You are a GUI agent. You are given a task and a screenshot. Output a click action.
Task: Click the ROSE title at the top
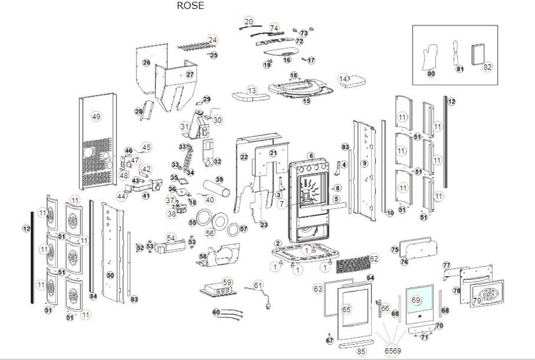[190, 5]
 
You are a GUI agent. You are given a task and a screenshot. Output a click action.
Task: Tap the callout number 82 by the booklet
[487, 67]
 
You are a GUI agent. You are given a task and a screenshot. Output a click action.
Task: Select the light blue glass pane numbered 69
[420, 299]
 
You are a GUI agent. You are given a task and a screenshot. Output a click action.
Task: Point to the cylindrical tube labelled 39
[216, 188]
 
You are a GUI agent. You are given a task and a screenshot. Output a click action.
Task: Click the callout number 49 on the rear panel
[96, 117]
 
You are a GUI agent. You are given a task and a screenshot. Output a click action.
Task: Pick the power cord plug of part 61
[268, 305]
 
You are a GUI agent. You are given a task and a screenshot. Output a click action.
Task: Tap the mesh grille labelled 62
[354, 264]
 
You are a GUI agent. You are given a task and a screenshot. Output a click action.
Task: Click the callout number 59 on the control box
[227, 282]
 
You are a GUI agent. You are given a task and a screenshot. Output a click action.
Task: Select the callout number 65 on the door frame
[346, 309]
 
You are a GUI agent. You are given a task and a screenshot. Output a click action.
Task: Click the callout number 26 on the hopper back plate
[146, 63]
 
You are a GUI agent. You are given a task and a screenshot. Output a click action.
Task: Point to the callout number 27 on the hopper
[190, 74]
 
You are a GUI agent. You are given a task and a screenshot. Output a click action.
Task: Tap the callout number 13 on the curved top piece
[252, 91]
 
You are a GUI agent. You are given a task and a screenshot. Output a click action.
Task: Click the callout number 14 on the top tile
[343, 79]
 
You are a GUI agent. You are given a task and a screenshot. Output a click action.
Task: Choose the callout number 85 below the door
[361, 351]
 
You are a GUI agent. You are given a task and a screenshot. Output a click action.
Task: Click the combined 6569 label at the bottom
[393, 351]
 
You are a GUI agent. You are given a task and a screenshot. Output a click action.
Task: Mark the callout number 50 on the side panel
[110, 275]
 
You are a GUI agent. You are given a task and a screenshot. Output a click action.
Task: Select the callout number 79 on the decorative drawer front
[477, 300]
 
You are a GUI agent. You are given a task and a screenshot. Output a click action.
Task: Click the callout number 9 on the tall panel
[364, 163]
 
